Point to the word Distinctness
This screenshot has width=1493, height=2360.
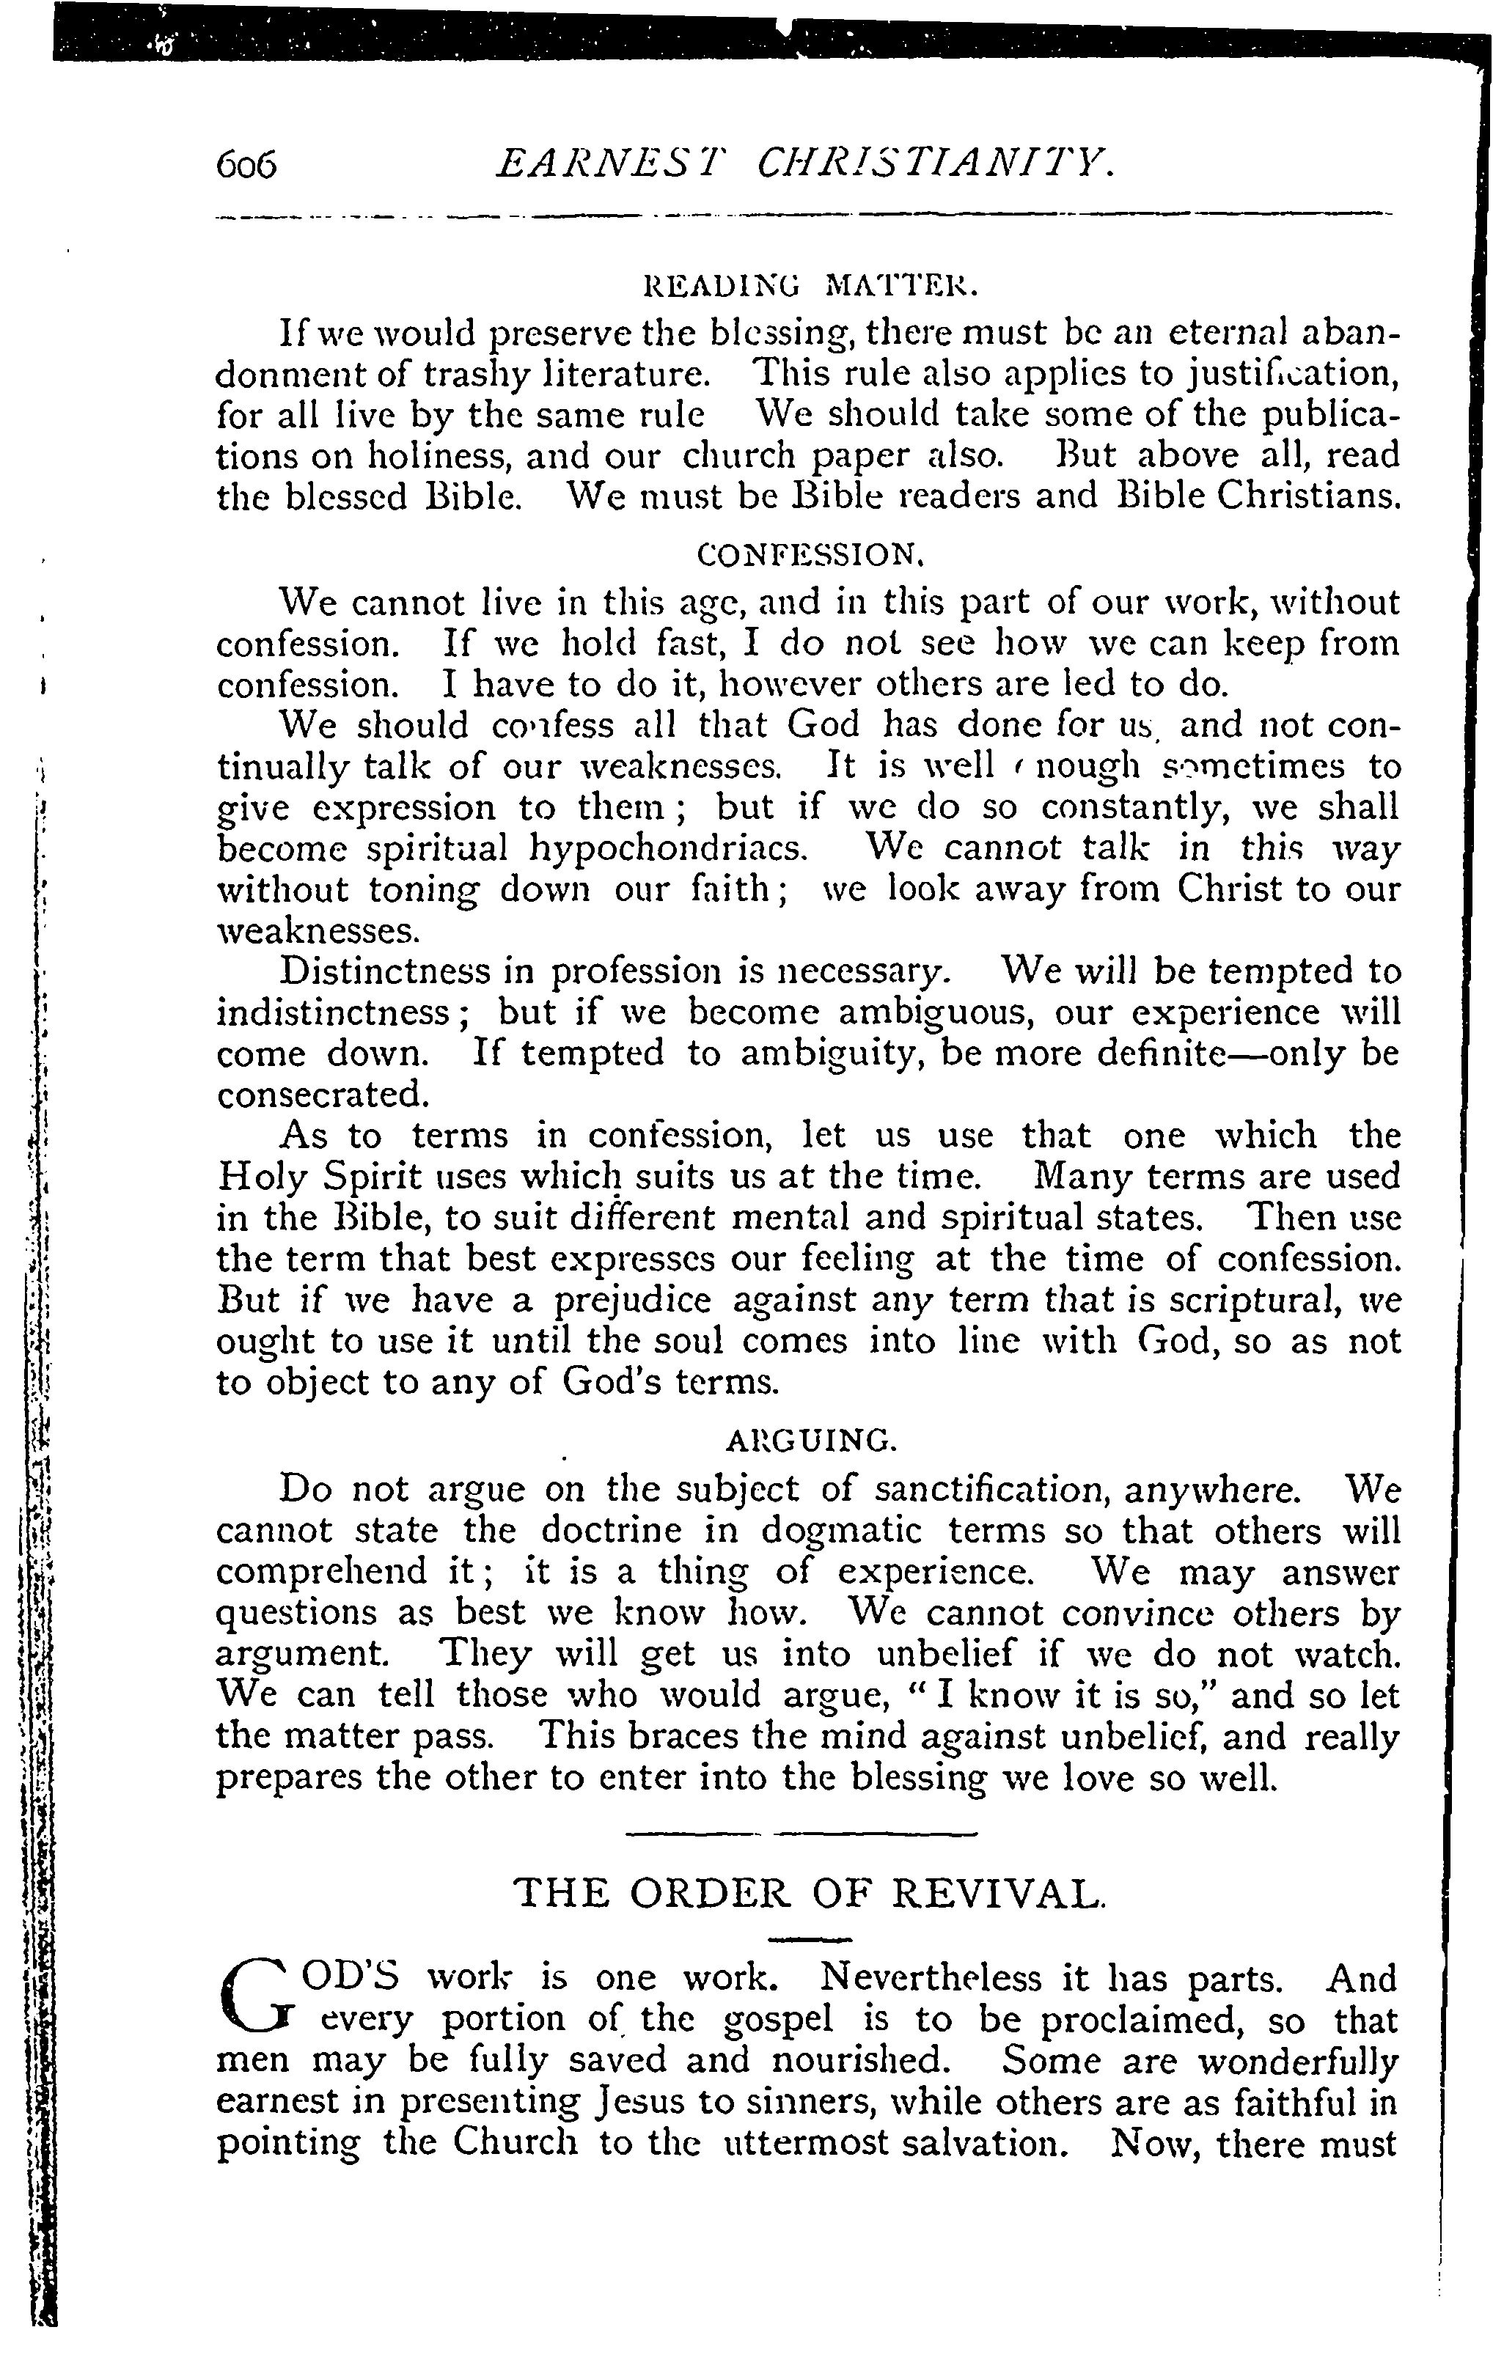(384, 971)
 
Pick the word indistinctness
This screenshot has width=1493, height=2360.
(346, 1012)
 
